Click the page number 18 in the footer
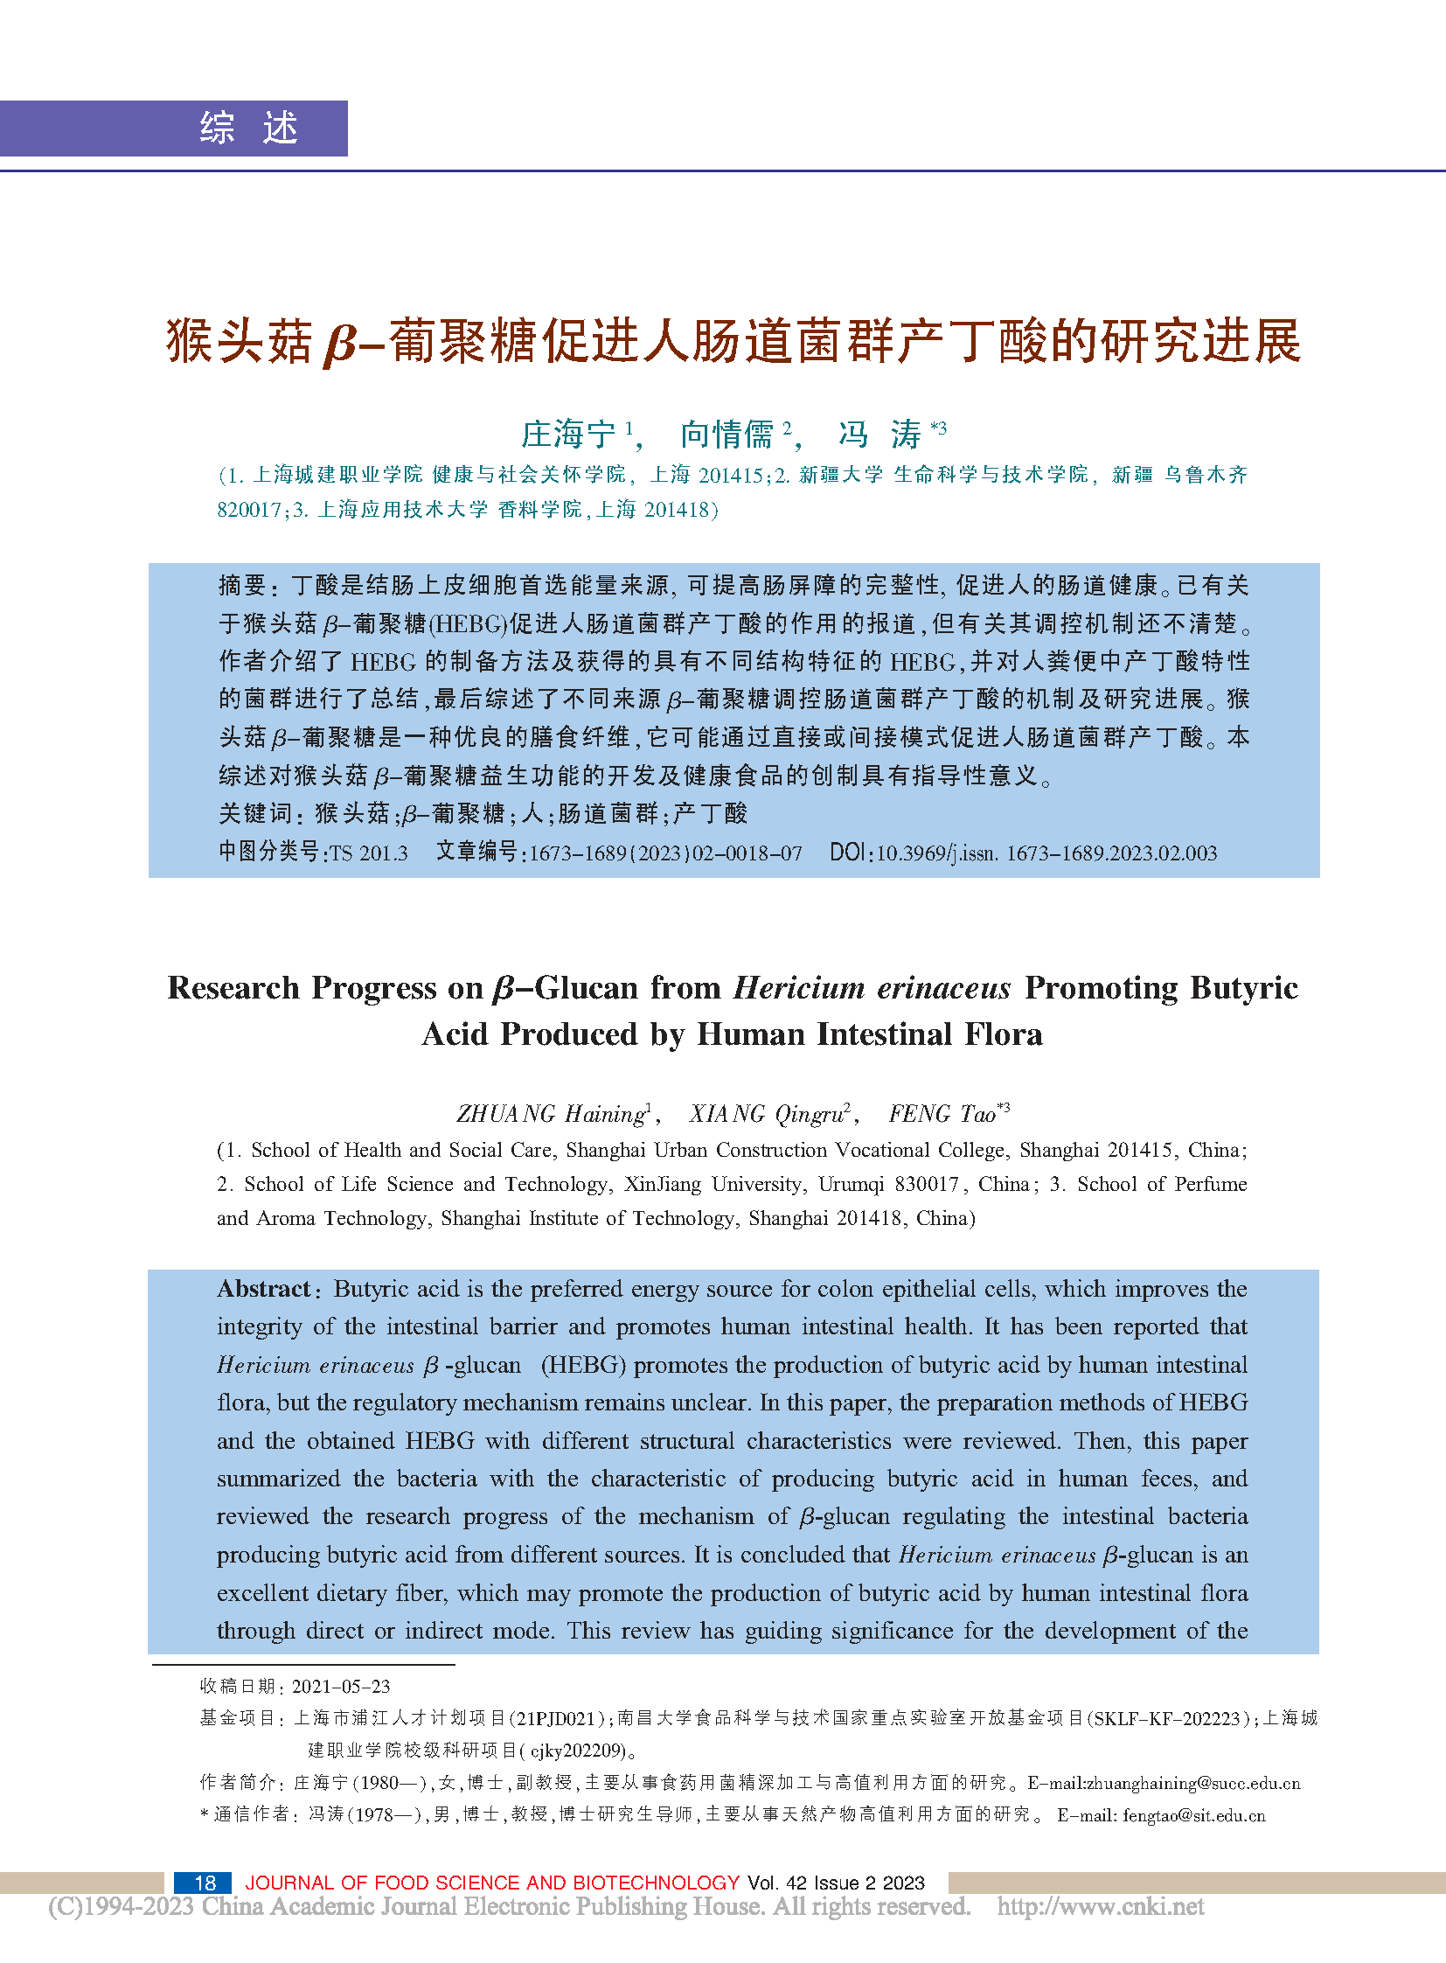(x=205, y=1883)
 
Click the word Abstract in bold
(x=263, y=1289)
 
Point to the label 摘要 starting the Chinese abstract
(x=242, y=586)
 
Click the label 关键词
(x=254, y=814)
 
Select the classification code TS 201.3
(x=369, y=853)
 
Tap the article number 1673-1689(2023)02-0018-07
(x=665, y=853)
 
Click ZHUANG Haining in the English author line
(x=552, y=1114)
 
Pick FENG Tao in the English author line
(x=942, y=1114)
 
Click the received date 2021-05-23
(x=340, y=1687)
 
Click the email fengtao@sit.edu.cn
(x=1194, y=1815)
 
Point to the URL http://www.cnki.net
(x=1101, y=1907)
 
